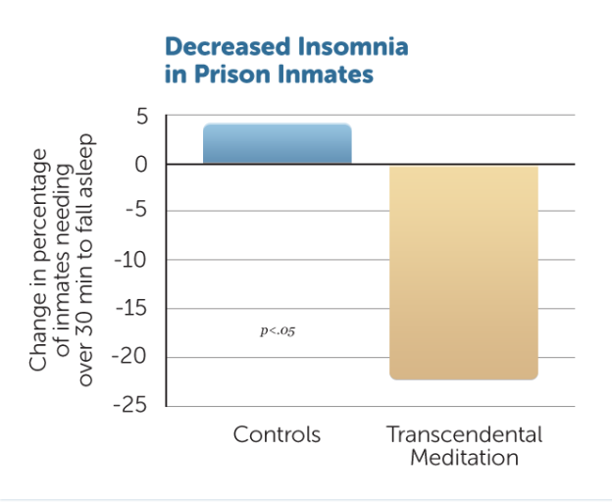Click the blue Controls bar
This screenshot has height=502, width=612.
tap(277, 143)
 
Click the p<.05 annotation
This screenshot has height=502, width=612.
tap(278, 331)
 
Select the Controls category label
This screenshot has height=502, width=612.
tap(277, 434)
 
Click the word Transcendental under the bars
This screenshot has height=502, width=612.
tap(464, 434)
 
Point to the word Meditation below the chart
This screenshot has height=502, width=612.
tap(464, 458)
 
